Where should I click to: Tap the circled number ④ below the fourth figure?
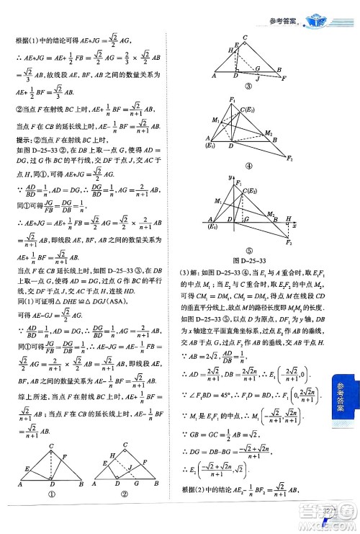click(x=249, y=166)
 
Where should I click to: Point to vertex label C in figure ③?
click(x=246, y=37)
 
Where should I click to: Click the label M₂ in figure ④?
click(x=268, y=133)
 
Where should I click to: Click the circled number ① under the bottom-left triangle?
click(x=51, y=515)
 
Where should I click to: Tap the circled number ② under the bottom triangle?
click(x=125, y=515)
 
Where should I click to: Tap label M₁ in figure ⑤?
click(x=219, y=201)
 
